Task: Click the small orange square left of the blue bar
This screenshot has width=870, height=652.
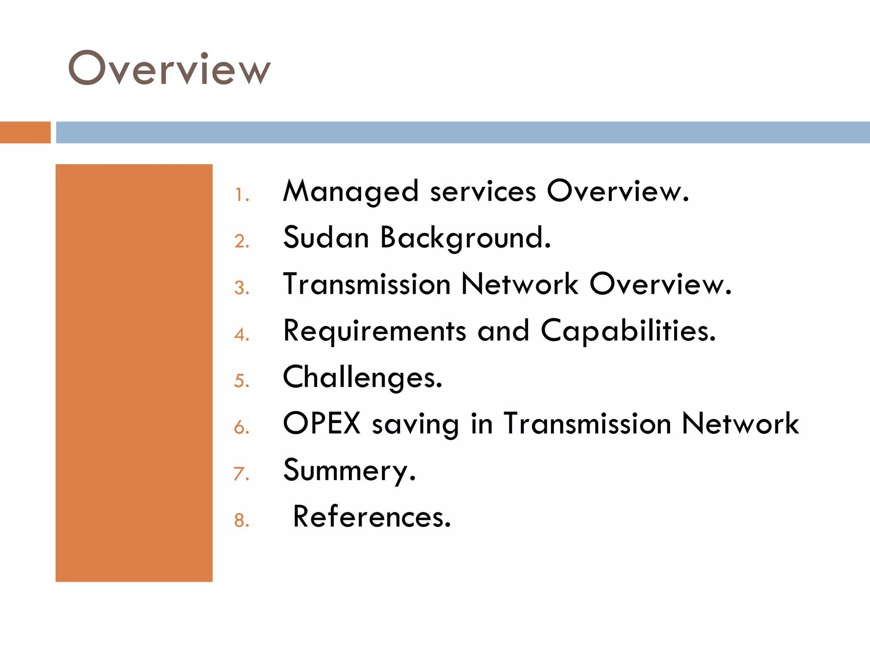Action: pyautogui.click(x=25, y=132)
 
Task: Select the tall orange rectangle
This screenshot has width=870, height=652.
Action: pyautogui.click(x=134, y=373)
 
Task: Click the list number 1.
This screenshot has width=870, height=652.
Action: pyautogui.click(x=241, y=195)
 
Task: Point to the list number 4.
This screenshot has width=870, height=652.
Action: pyautogui.click(x=241, y=334)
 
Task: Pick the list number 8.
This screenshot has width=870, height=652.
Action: pyautogui.click(x=241, y=520)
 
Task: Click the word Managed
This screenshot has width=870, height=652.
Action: pyautogui.click(x=351, y=191)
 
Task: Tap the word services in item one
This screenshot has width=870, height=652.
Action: pyautogui.click(x=483, y=191)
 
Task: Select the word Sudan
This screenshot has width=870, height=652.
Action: pyautogui.click(x=326, y=237)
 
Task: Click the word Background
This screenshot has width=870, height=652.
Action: pyautogui.click(x=465, y=238)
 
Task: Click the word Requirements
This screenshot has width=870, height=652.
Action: pyautogui.click(x=375, y=331)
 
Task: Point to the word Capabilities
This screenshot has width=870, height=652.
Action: pyautogui.click(x=628, y=331)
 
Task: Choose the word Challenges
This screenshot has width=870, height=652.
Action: pyautogui.click(x=362, y=377)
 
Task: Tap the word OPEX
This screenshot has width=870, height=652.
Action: pyautogui.click(x=322, y=423)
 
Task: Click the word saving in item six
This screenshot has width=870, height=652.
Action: pyautogui.click(x=415, y=424)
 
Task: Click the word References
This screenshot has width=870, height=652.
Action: pyautogui.click(x=372, y=517)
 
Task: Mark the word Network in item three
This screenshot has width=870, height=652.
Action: pyautogui.click(x=520, y=284)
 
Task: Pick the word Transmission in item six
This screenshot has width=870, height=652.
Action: pyautogui.click(x=587, y=423)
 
